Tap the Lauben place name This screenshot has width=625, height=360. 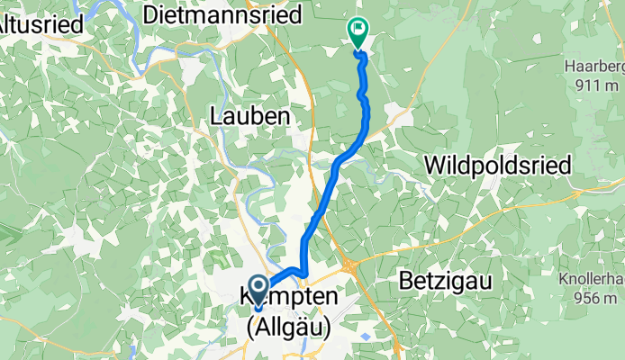[x=249, y=116]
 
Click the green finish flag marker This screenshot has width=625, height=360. [x=358, y=31]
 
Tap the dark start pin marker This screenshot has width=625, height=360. [x=258, y=292]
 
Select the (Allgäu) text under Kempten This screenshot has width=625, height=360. [x=287, y=328]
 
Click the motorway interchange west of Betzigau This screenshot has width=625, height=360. [x=349, y=263]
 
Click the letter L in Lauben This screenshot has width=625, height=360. [x=215, y=116]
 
